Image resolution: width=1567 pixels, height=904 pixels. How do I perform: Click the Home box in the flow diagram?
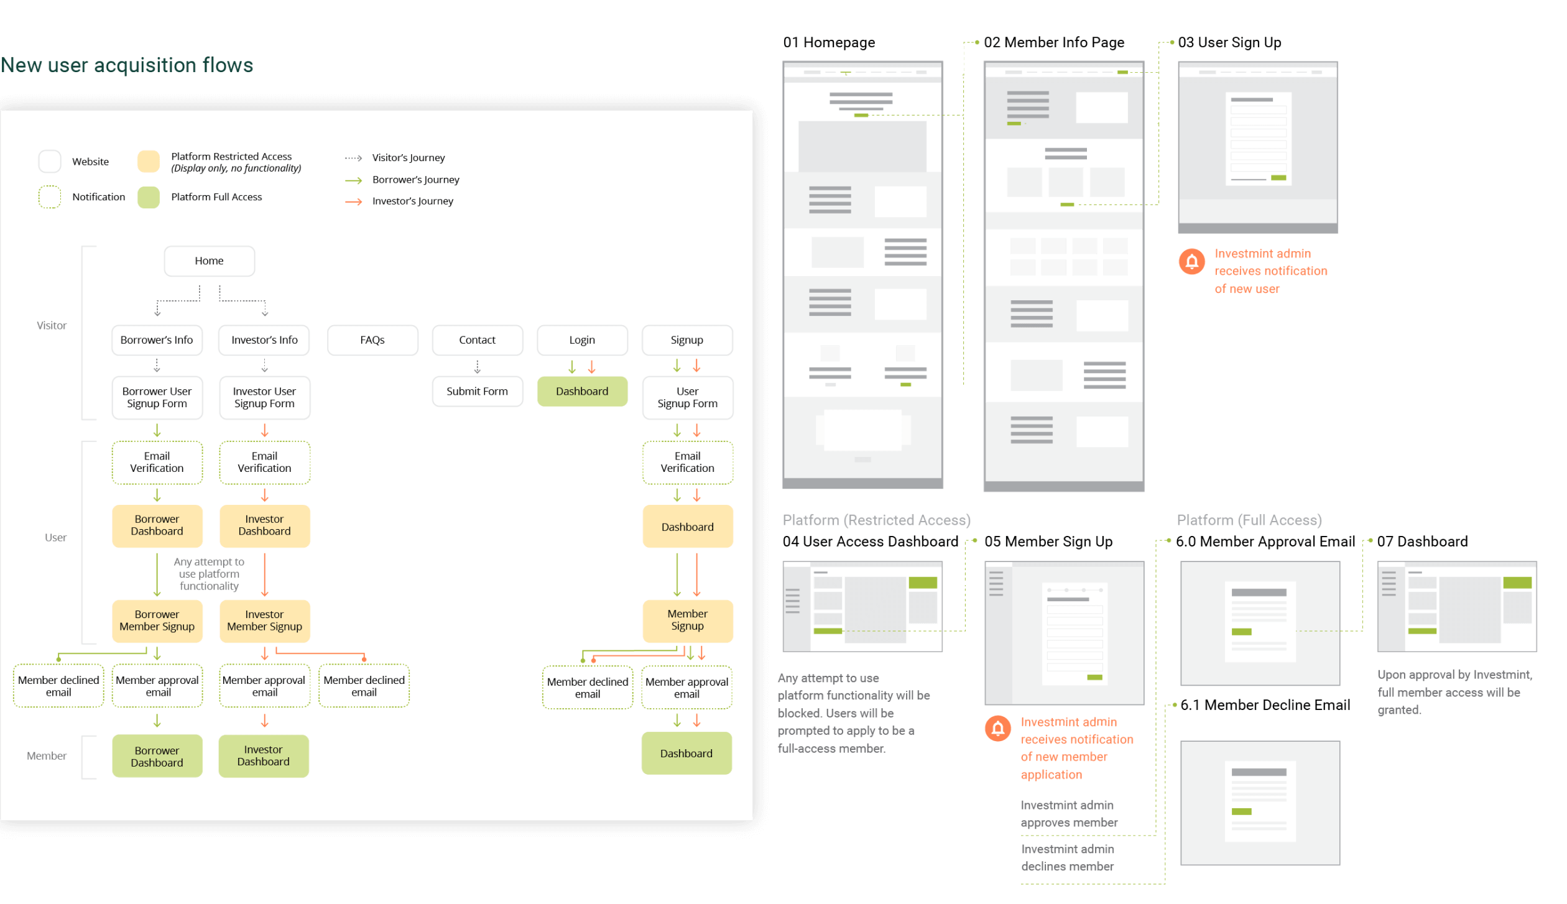(209, 261)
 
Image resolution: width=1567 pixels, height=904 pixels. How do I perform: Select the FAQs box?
(372, 340)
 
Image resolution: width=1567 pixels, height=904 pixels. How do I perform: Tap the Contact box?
(477, 340)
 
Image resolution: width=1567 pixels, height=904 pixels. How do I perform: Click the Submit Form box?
(477, 392)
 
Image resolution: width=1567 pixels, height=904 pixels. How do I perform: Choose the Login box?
(582, 340)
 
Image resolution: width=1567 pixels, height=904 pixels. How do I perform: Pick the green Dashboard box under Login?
(582, 392)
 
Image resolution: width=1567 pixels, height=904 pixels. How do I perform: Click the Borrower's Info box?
(157, 340)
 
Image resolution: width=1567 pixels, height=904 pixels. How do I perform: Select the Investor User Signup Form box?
(264, 398)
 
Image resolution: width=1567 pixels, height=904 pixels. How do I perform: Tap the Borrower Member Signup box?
(157, 620)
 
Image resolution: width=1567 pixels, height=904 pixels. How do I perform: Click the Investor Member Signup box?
(264, 620)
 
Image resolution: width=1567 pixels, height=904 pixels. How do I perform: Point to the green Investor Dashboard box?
(263, 756)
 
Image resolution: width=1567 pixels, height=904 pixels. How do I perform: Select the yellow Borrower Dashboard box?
(157, 525)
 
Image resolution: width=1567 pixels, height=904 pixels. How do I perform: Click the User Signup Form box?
(687, 398)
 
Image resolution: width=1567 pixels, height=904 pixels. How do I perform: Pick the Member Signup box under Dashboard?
(687, 620)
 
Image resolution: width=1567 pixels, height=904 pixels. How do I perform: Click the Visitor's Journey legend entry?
(408, 158)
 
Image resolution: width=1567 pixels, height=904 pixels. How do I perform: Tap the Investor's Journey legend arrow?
(354, 201)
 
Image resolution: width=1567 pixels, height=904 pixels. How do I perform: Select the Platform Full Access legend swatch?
(149, 197)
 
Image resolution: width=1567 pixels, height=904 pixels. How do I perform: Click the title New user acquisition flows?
(127, 65)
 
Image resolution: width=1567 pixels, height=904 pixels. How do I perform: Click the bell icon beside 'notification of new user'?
(1191, 262)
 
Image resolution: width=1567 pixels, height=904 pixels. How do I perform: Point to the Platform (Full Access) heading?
(1249, 520)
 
